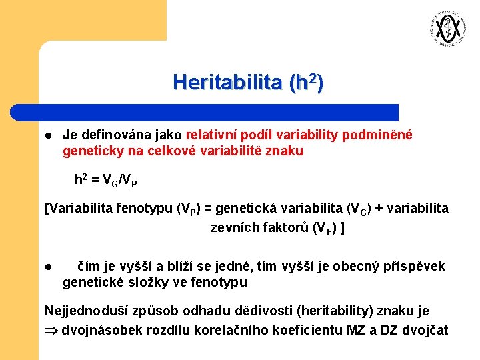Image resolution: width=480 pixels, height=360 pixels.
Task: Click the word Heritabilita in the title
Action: tap(227, 83)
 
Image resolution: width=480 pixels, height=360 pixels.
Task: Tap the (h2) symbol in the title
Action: tap(307, 83)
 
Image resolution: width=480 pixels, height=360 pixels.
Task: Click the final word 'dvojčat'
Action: tap(428, 330)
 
